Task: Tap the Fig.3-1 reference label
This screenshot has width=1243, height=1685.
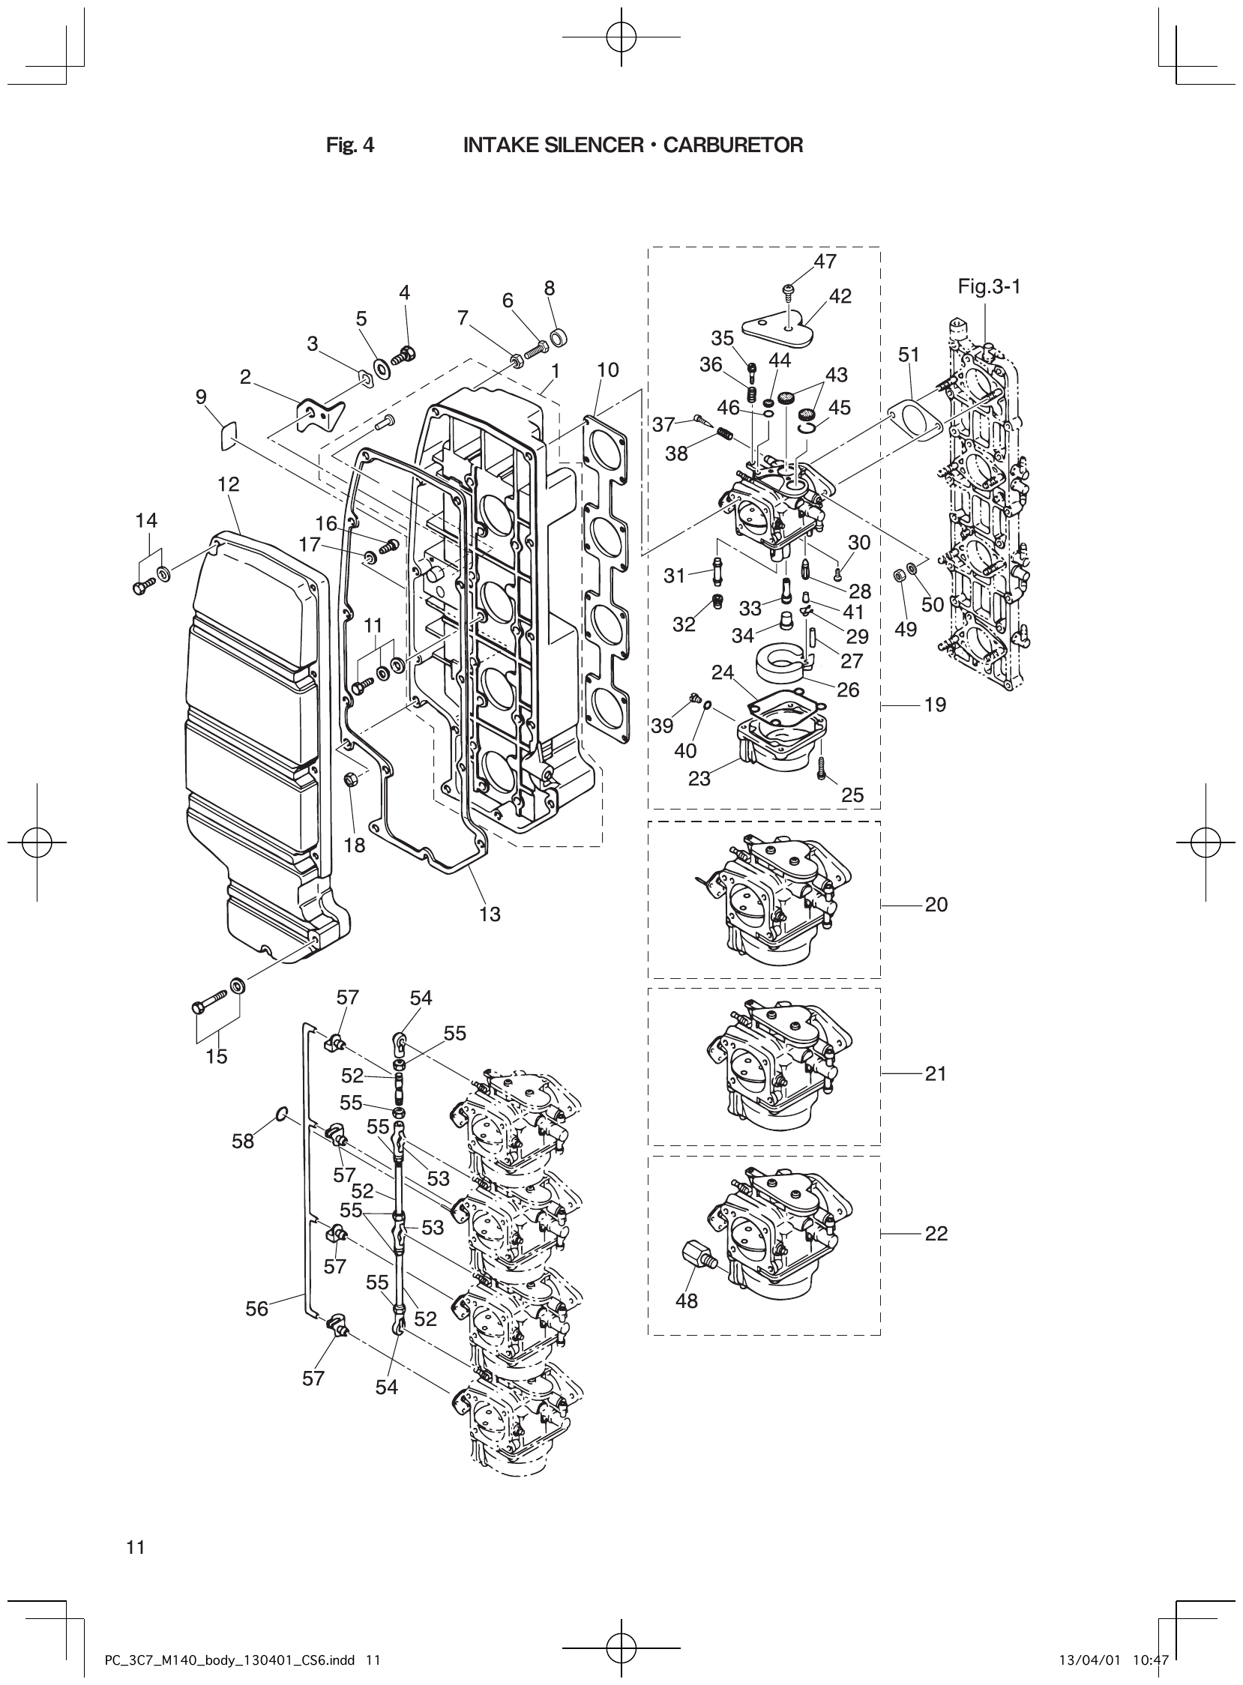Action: coord(989,286)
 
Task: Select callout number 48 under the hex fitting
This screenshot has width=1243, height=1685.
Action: coord(687,1300)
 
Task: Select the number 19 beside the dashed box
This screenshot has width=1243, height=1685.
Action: coord(936,705)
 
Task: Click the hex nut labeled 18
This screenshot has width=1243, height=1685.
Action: coord(350,780)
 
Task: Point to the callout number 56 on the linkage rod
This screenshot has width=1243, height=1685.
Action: coord(256,1309)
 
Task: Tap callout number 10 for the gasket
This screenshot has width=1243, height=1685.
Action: coord(608,370)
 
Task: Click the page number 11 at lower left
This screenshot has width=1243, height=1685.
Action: coord(136,1547)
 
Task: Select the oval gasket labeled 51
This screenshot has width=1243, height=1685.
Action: coord(915,420)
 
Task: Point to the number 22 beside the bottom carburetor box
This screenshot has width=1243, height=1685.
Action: coord(936,1234)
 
